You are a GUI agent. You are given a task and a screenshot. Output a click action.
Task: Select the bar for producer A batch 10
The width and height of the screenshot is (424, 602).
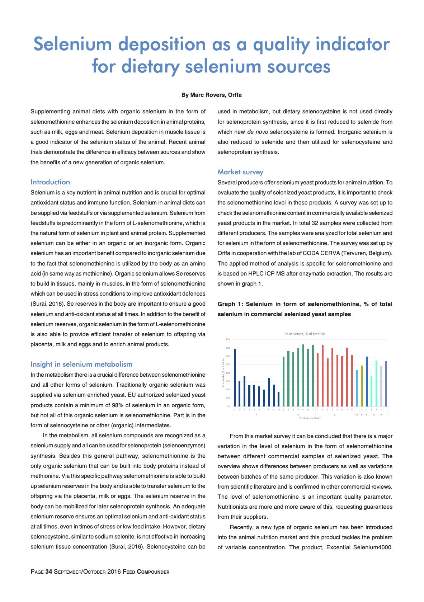(279, 399)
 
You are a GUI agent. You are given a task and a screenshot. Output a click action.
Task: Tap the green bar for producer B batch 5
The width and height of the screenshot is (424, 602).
(303, 375)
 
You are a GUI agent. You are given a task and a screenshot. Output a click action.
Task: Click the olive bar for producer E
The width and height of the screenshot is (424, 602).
(362, 386)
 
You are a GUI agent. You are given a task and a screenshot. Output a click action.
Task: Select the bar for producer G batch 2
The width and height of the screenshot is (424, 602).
(376, 384)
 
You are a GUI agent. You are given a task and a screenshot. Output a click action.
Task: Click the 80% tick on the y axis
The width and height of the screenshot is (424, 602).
(228, 339)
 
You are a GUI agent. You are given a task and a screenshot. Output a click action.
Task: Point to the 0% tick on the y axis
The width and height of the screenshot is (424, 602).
(229, 406)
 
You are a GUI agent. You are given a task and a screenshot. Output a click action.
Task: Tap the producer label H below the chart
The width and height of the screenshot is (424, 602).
(381, 414)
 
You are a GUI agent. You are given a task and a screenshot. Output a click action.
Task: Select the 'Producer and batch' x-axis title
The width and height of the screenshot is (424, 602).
(310, 418)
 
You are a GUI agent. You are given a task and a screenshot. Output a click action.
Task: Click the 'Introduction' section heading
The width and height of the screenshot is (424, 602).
(50, 182)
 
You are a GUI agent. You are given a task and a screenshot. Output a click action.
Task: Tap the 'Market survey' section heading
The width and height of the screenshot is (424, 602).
(240, 172)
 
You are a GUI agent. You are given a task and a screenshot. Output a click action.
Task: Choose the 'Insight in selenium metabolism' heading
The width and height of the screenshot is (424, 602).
(81, 364)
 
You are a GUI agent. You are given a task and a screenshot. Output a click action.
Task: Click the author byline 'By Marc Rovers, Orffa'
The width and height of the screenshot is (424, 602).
(212, 95)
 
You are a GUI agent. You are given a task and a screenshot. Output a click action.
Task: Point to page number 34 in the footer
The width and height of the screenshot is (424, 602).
(49, 572)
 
